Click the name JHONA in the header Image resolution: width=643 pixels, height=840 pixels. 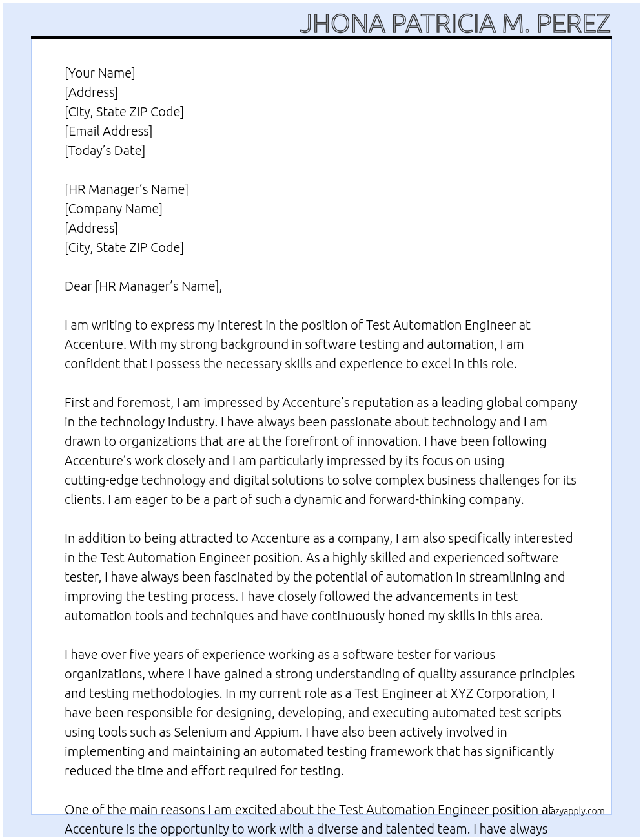[343, 24]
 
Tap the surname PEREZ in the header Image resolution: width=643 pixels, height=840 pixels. [573, 24]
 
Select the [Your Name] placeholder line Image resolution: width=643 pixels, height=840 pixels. [100, 73]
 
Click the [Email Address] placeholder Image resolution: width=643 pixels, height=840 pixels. [108, 131]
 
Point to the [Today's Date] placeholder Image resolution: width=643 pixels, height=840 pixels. [105, 151]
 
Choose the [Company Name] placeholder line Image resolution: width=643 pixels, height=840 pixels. [114, 209]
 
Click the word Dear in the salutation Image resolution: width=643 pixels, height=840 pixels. [78, 286]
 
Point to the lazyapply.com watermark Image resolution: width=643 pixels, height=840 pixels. [574, 811]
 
